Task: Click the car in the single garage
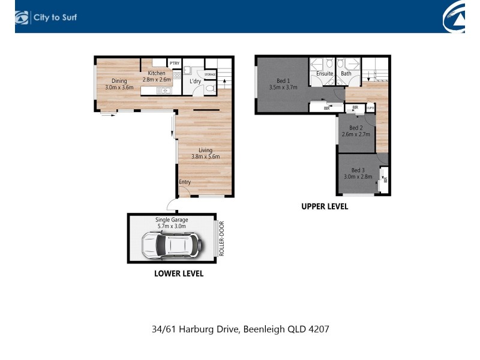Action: point(172,245)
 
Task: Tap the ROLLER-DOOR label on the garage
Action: point(221,238)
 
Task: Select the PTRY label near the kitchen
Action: point(175,63)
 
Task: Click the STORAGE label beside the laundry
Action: point(210,74)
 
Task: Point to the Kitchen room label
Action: point(157,73)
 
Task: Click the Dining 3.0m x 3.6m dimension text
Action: point(119,87)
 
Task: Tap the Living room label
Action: point(205,150)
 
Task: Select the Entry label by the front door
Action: point(185,182)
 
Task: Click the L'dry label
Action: point(195,81)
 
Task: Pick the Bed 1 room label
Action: point(283,81)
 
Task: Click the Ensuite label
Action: point(325,73)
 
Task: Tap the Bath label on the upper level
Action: point(346,73)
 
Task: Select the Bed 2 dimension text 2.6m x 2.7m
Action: point(356,134)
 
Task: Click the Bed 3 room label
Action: point(358,170)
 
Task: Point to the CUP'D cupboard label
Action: point(370,108)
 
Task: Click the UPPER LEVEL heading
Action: point(325,206)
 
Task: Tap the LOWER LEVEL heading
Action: point(179,274)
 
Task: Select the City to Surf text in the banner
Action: point(55,17)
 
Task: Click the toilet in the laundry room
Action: point(210,89)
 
